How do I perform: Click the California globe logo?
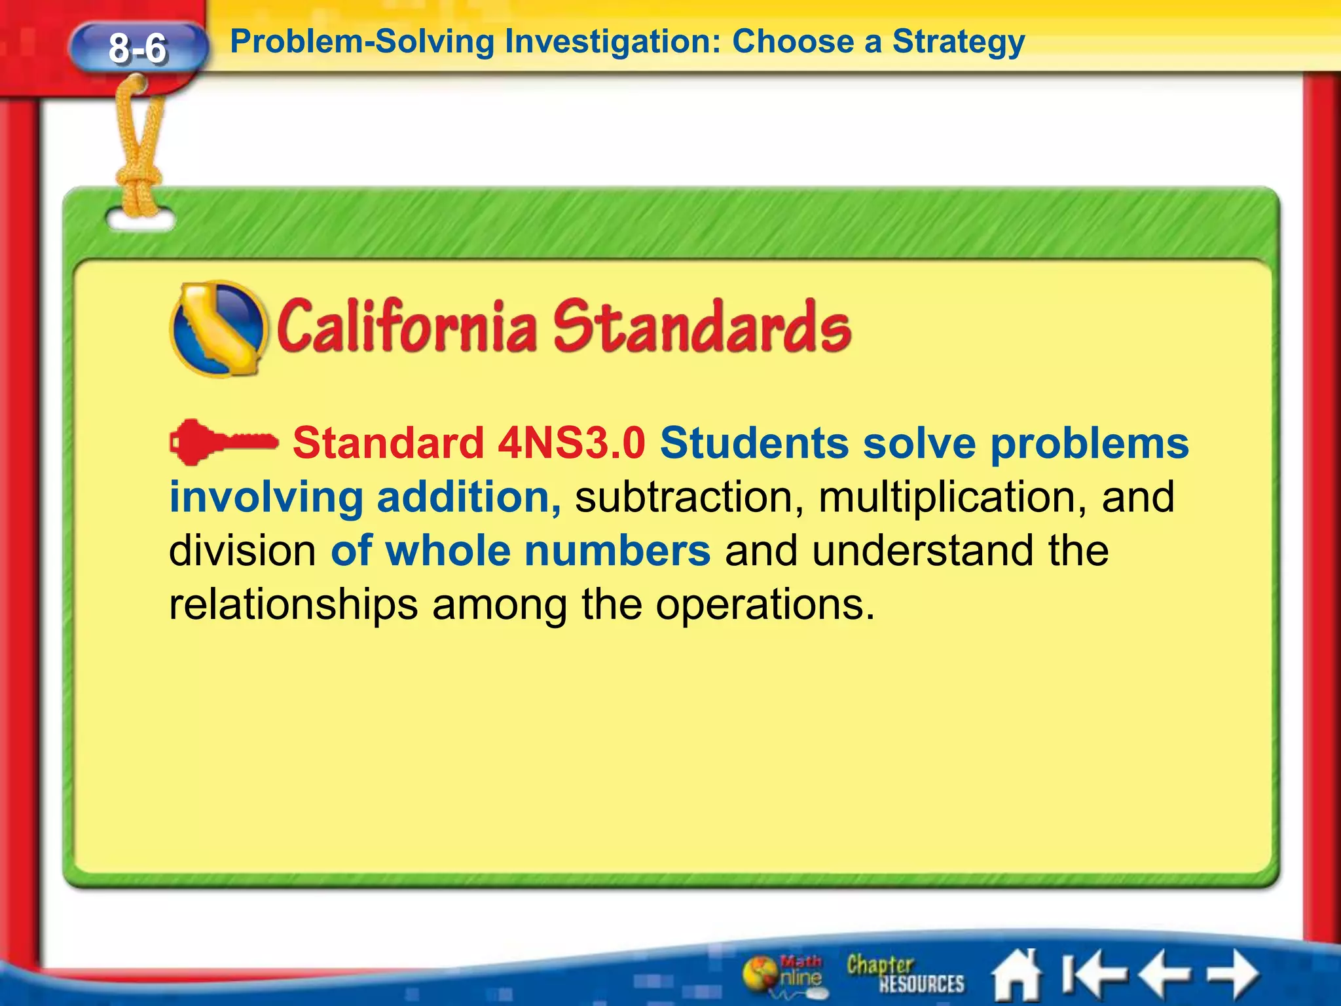(219, 329)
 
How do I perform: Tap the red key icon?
(223, 443)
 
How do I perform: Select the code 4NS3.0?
(571, 443)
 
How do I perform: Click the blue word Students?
(754, 443)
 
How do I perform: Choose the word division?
(242, 551)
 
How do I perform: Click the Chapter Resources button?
(904, 975)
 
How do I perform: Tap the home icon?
(1016, 975)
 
